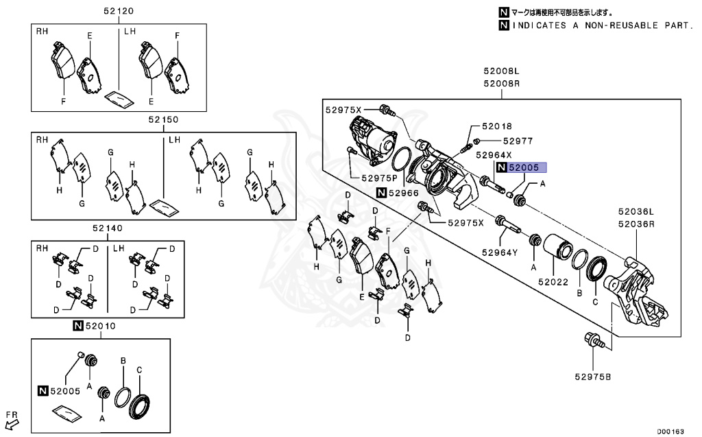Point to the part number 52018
[x=496, y=127]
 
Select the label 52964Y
[x=498, y=252]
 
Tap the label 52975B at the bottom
[x=592, y=376]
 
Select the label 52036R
[x=636, y=224]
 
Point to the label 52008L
[x=500, y=71]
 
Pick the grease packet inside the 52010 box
[x=67, y=414]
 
